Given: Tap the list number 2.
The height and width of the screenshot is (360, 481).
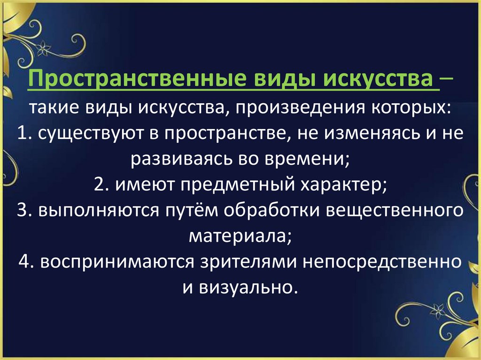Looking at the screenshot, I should (99, 186).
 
